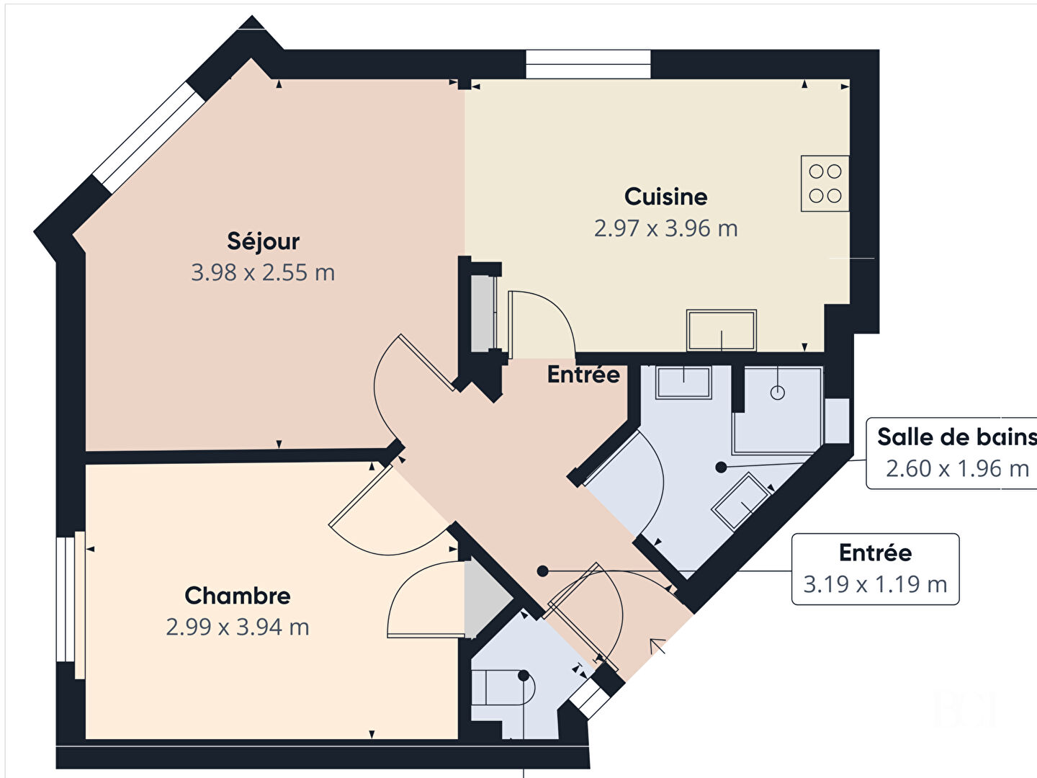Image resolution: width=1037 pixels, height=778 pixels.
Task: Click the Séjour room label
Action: (x=263, y=241)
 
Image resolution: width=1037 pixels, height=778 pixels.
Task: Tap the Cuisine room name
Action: (x=665, y=197)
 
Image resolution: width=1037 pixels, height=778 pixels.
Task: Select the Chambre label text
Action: (x=237, y=596)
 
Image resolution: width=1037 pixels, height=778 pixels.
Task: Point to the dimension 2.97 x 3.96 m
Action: (x=665, y=228)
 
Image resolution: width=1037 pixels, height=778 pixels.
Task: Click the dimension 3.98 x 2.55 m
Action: (x=263, y=272)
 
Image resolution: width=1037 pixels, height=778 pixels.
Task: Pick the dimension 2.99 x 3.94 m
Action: (x=237, y=627)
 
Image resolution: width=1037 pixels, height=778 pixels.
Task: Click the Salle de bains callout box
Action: (x=952, y=453)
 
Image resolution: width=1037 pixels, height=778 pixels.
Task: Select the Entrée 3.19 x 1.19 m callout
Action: (x=876, y=569)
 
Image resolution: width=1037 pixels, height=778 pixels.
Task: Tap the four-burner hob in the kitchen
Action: (x=825, y=183)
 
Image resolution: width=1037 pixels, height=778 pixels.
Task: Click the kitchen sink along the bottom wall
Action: (x=722, y=330)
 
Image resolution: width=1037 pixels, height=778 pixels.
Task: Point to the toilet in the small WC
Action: (x=503, y=687)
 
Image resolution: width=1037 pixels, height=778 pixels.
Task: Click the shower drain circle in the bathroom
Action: (x=778, y=393)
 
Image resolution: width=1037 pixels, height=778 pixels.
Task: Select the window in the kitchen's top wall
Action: (x=588, y=64)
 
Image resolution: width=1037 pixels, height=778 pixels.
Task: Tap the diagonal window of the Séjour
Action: (x=148, y=138)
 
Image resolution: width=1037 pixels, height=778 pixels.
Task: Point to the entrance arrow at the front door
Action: (x=657, y=645)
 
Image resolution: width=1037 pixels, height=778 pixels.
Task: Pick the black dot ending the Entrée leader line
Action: (x=543, y=571)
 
